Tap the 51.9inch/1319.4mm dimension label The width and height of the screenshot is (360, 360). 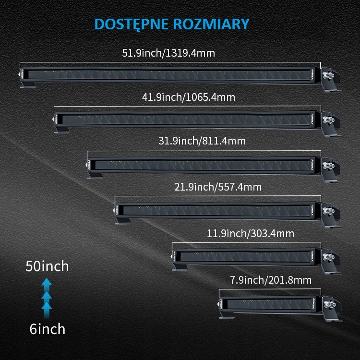pyautogui.click(x=168, y=53)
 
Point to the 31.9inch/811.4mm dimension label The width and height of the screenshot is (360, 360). pyautogui.click(x=202, y=141)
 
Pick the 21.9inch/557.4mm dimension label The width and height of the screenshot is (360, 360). pyautogui.click(x=217, y=186)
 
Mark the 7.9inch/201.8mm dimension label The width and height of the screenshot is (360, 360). pyautogui.click(x=270, y=280)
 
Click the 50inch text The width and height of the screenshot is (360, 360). pyautogui.click(x=47, y=266)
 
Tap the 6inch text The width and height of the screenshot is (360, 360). pyautogui.click(x=47, y=329)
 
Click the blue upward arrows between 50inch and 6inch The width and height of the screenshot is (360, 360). pyautogui.click(x=47, y=298)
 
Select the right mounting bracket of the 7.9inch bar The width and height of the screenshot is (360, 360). pyautogui.click(x=331, y=307)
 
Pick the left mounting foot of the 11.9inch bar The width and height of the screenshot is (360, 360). pyautogui.click(x=181, y=265)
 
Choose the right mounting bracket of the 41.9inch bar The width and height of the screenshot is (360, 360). pyautogui.click(x=331, y=122)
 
